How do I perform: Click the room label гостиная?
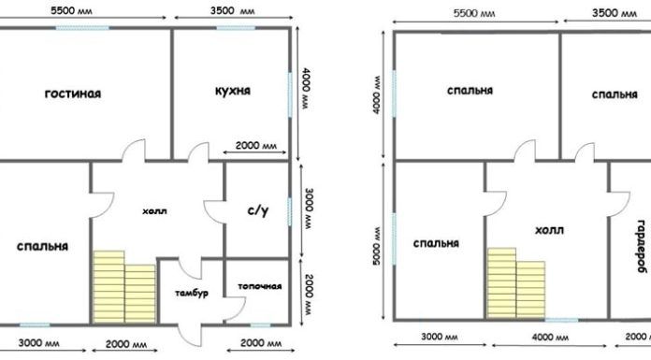(73, 94)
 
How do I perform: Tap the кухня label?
(233, 91)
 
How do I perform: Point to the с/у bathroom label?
(258, 211)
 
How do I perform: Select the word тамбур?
(192, 294)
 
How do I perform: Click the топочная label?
(260, 286)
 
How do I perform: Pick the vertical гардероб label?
(643, 246)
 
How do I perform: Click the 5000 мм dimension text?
(377, 247)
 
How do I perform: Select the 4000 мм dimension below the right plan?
(550, 337)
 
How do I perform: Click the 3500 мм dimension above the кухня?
(232, 11)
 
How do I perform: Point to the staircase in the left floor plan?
(124, 287)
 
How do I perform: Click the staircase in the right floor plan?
(516, 283)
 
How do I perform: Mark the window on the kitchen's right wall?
(290, 94)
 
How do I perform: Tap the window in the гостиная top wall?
(82, 28)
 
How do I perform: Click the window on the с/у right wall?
(290, 211)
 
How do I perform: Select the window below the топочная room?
(261, 324)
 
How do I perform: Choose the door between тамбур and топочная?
(235, 310)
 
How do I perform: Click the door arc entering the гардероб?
(618, 204)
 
